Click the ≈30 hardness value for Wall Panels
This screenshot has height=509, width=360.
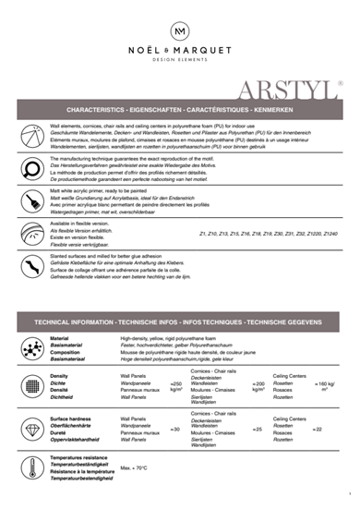[175, 430]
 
